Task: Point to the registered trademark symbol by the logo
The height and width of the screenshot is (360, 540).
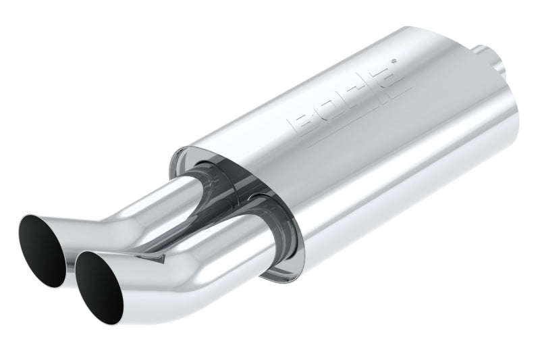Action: tap(395, 63)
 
